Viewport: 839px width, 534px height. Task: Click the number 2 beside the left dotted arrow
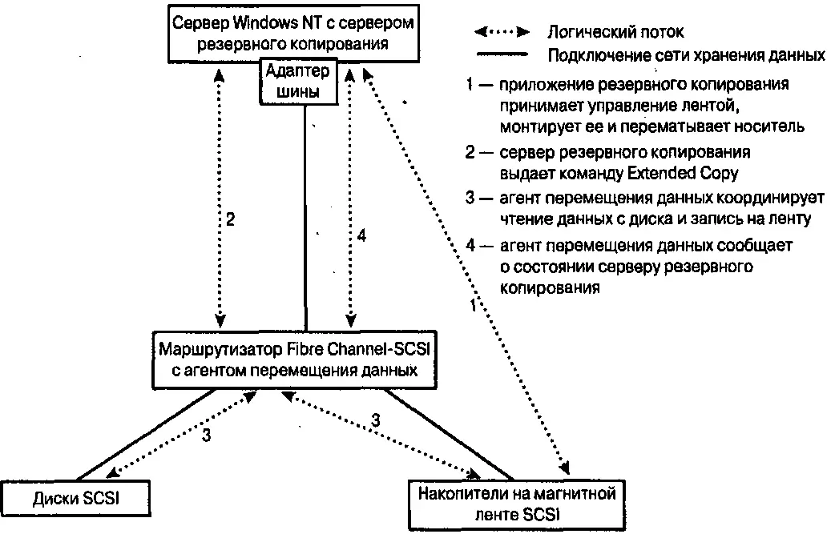point(230,220)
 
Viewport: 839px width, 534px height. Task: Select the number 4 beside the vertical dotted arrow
point(362,237)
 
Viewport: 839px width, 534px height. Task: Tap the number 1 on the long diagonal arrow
point(473,304)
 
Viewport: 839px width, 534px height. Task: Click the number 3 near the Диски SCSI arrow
point(206,436)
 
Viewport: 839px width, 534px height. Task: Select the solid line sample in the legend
point(502,55)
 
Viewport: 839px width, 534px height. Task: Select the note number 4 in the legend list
point(470,244)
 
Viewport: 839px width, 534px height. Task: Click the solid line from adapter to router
point(305,216)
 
